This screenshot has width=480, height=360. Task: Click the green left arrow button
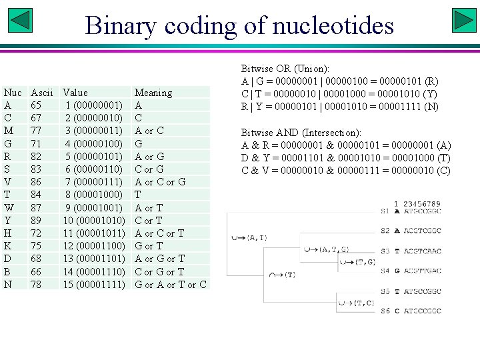click(21, 20)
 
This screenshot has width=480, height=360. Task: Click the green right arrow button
click(463, 20)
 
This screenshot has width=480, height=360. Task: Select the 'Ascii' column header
click(42, 93)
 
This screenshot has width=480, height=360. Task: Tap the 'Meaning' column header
click(153, 93)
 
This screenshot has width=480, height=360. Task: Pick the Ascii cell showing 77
click(37, 131)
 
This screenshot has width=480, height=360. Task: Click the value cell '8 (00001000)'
click(93, 195)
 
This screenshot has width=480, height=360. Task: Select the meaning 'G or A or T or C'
click(171, 285)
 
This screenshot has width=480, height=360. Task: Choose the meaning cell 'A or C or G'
click(160, 182)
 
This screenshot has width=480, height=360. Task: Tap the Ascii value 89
click(37, 221)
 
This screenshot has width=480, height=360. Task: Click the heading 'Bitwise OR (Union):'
click(285, 69)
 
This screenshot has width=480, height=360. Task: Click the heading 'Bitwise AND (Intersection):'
click(301, 133)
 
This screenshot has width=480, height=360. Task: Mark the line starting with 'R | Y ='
click(339, 107)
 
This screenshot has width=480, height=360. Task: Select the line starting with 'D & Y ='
click(346, 158)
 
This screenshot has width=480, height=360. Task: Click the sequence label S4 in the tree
click(385, 271)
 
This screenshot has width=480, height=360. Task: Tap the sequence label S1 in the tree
click(385, 211)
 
